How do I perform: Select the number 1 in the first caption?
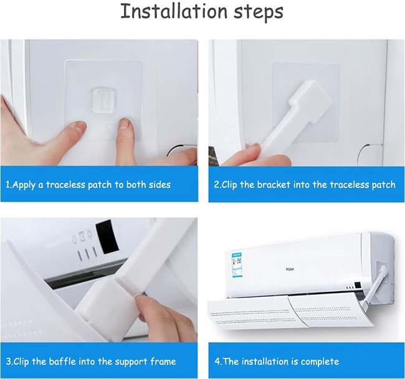pyautogui.click(x=8, y=185)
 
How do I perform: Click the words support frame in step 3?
pyautogui.click(x=145, y=361)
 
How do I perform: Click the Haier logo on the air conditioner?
pyautogui.click(x=290, y=269)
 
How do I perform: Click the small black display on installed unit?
pyautogui.click(x=356, y=288)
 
